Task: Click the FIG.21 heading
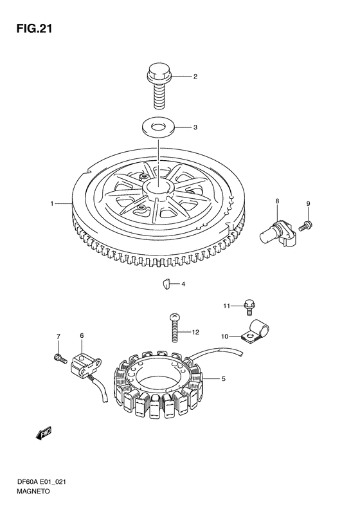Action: [34, 28]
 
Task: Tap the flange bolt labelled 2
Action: [159, 86]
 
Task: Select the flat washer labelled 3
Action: [158, 127]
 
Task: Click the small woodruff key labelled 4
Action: [166, 284]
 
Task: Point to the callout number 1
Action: [51, 203]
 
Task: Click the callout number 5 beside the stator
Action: [224, 378]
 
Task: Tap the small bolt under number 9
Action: [305, 226]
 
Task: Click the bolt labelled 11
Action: [249, 308]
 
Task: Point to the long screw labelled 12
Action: [174, 328]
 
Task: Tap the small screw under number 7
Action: [60, 358]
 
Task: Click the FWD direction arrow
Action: [44, 433]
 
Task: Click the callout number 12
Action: [195, 332]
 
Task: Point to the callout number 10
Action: [225, 337]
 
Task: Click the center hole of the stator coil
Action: [159, 380]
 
